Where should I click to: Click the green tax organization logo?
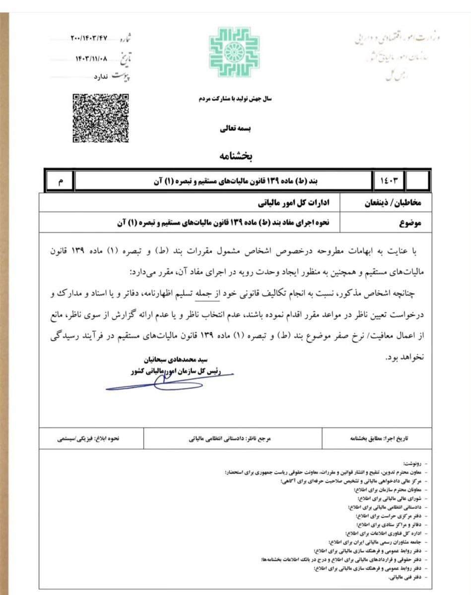234,52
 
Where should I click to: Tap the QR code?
100,118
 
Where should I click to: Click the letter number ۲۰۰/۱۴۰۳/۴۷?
89,39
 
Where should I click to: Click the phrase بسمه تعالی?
236,128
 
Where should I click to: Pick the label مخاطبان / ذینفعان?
394,204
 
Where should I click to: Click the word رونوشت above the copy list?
411,462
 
